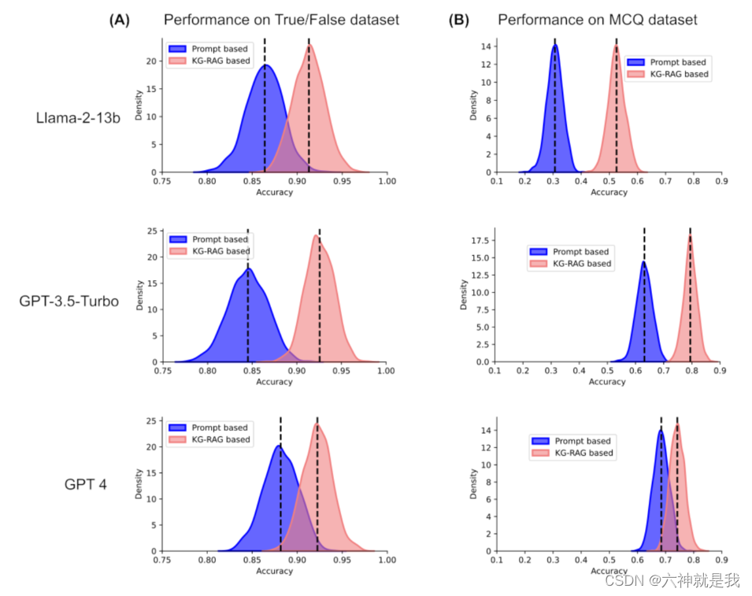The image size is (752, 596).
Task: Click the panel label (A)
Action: coord(119,20)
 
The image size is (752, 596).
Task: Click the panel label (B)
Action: coord(458,20)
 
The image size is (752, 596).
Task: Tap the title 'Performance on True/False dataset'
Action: coord(281,20)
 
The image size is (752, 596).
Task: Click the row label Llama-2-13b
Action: coord(78,119)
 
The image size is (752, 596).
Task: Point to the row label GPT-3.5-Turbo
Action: coord(69,302)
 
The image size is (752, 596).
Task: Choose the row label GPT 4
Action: coord(85,484)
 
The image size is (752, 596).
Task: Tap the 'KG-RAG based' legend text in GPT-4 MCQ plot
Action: coord(584,453)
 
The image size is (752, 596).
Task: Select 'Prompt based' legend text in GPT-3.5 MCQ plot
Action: coord(581,252)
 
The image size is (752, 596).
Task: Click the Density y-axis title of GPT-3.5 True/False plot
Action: coord(140,296)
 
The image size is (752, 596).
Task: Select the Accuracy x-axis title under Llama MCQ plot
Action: coord(609,192)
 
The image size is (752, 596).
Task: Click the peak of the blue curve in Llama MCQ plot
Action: coord(555,46)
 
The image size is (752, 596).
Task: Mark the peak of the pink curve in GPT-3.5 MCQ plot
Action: coord(690,236)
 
